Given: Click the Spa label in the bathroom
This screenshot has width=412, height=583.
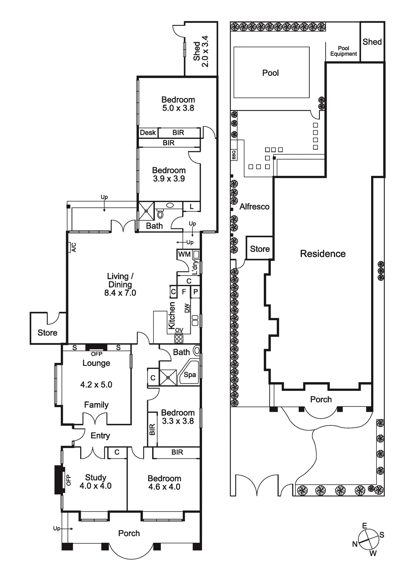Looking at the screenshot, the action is click(x=190, y=375).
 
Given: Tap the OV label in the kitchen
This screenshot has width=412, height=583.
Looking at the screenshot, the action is click(x=179, y=330).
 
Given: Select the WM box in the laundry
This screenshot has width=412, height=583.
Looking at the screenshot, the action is click(x=184, y=254).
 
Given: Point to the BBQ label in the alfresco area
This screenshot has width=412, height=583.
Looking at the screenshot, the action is click(x=234, y=155).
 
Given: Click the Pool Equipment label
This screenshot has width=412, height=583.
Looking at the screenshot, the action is click(x=344, y=51).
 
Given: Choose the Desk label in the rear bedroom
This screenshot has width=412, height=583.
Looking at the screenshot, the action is click(x=148, y=133).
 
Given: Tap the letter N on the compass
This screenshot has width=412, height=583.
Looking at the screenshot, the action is click(x=355, y=544).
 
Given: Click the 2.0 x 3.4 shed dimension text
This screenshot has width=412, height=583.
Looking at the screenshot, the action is click(x=205, y=51).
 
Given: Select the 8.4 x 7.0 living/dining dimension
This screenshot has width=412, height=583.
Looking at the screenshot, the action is click(x=120, y=293).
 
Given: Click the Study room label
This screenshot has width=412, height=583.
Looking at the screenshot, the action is click(x=96, y=478).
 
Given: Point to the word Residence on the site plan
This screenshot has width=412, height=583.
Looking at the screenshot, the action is click(x=323, y=254).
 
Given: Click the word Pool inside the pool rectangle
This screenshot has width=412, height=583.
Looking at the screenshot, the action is click(x=270, y=73).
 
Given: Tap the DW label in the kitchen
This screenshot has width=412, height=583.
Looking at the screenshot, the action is click(x=187, y=308).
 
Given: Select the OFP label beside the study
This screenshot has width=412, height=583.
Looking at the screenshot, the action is click(x=68, y=480).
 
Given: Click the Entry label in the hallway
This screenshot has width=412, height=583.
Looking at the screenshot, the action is click(x=100, y=436).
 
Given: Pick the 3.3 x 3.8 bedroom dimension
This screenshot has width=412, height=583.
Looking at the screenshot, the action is click(x=178, y=421).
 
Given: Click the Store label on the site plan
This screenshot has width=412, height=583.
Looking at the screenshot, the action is click(x=260, y=249).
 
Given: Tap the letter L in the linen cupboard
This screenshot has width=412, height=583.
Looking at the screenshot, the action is click(x=191, y=206).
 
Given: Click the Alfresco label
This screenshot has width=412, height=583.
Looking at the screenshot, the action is click(x=255, y=206).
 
